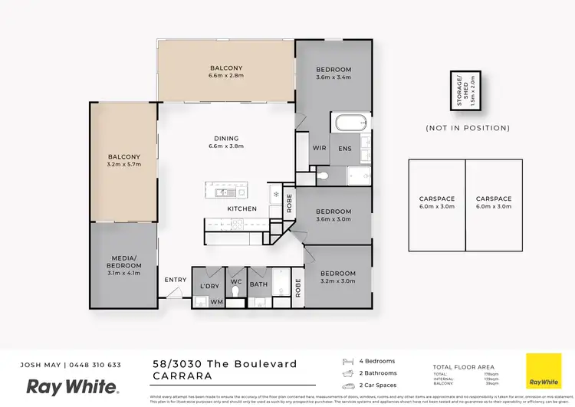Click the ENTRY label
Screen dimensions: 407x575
coord(176,280)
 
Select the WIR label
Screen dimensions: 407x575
coord(320,149)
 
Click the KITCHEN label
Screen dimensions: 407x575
coord(242,208)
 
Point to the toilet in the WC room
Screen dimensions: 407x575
coord(236,293)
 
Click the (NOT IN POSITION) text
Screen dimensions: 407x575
coord(467,128)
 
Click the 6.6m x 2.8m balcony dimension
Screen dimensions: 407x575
coord(226,77)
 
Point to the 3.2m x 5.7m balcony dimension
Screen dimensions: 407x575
coord(124,163)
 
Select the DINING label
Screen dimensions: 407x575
coord(226,139)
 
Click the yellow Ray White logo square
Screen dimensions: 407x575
coord(543,370)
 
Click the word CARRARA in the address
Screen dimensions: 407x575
coord(182,376)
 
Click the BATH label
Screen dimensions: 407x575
coord(258,285)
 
